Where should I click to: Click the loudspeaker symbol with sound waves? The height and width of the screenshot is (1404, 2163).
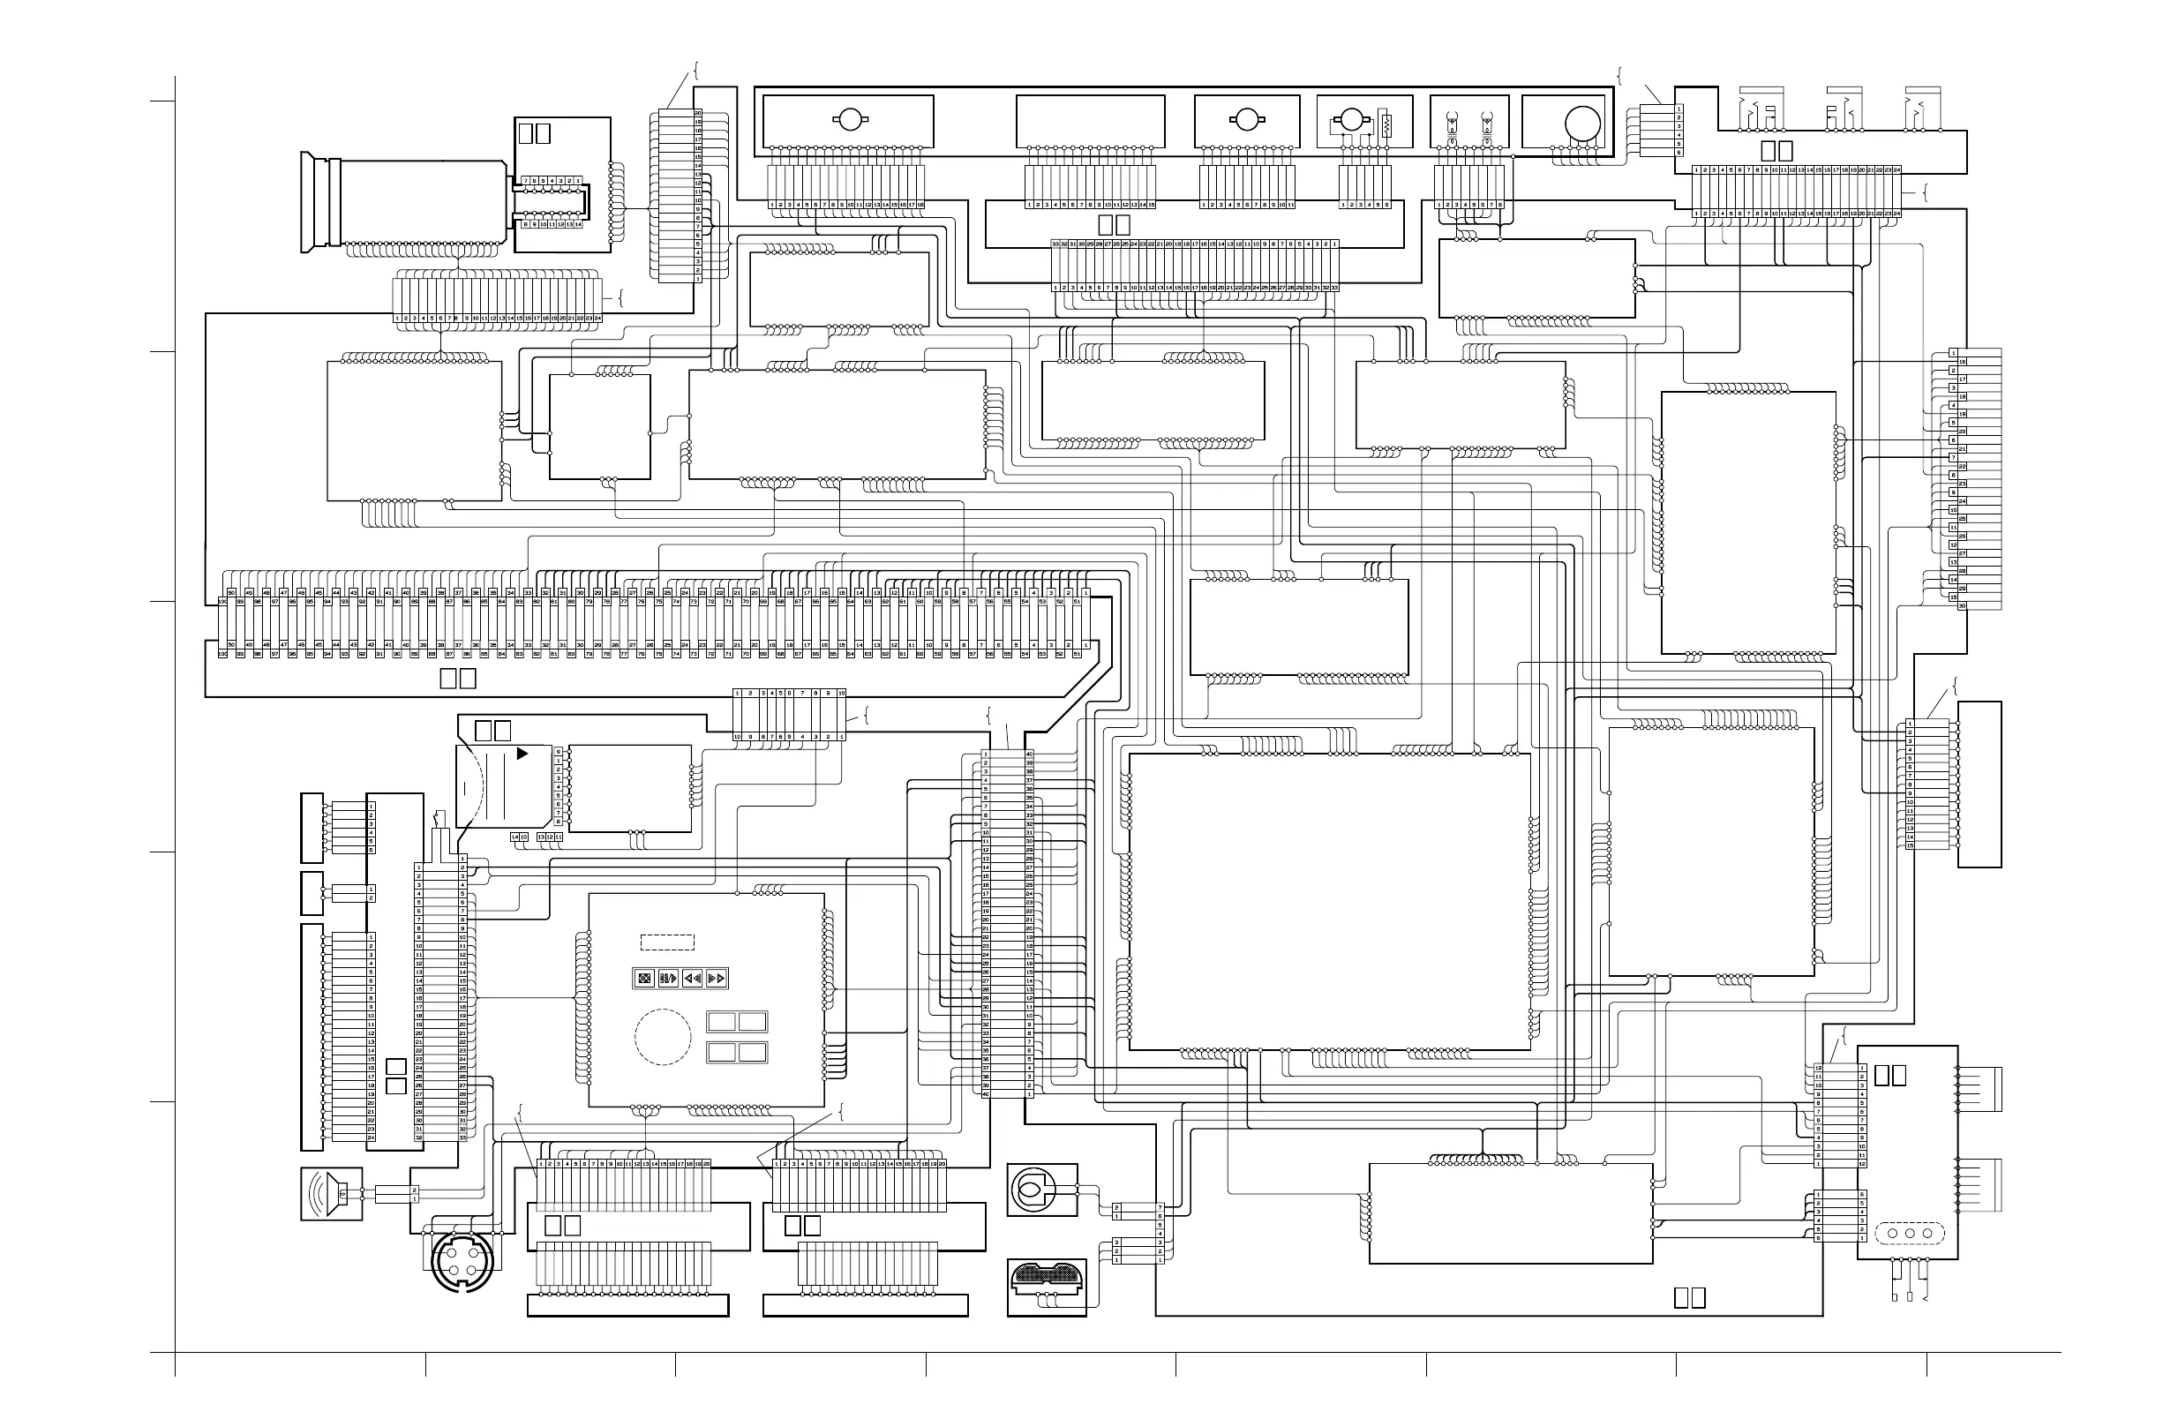click(331, 1193)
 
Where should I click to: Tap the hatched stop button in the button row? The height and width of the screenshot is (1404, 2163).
click(644, 979)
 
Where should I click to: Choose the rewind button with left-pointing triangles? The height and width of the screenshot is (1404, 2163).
click(693, 979)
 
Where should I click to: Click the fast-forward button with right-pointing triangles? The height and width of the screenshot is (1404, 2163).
click(717, 979)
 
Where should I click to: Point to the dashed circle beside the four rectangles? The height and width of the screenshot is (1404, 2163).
click(663, 1037)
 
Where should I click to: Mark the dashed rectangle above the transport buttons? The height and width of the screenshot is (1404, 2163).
click(667, 942)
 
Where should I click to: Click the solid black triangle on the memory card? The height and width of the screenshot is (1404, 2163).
click(522, 754)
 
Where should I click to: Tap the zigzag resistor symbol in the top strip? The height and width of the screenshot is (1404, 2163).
click(1386, 124)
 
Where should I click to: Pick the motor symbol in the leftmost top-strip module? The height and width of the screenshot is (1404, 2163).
click(849, 119)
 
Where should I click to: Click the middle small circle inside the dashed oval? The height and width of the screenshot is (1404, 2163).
click(1909, 1233)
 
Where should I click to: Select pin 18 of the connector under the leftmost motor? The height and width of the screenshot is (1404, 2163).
click(920, 206)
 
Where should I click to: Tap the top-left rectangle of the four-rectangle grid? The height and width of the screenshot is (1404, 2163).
click(721, 1021)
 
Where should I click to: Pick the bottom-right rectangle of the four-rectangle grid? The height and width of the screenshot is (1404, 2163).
click(753, 1052)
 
